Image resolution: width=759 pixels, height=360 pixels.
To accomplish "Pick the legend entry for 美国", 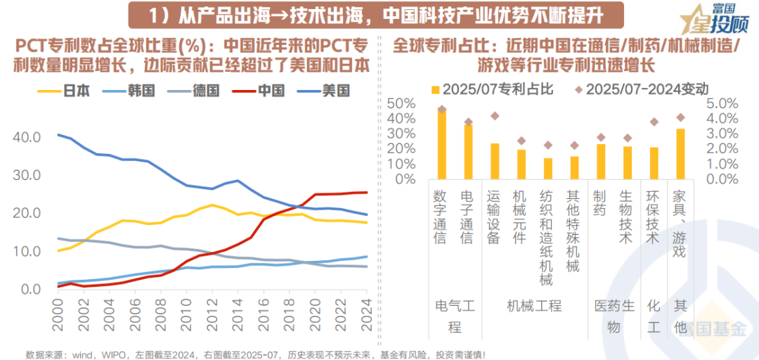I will pos(322,91).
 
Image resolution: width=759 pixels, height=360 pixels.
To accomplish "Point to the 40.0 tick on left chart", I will pos(27,136).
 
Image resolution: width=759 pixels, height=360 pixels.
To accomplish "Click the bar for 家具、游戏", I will pos(680,154).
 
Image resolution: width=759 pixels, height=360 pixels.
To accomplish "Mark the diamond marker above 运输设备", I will pos(495,116).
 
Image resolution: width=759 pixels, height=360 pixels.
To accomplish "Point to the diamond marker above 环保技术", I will pos(654,122).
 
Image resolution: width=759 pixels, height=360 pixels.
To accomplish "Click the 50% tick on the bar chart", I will pos(400,103).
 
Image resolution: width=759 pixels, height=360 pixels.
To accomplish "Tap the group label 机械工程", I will pos(534,306).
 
